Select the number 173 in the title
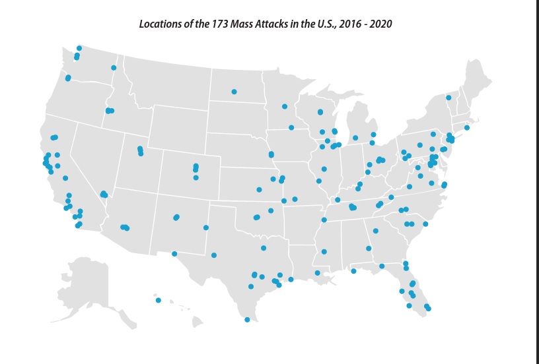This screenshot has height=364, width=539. pos(216,24)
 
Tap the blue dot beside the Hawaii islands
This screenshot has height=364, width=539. pos(159,300)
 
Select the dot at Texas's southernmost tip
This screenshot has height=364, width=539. pos(247,320)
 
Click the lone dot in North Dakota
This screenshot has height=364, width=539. pos(234,92)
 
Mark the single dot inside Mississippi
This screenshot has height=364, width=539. pos(324,251)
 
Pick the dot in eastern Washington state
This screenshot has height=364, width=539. pos(114,67)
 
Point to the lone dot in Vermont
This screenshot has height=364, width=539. pos(449,98)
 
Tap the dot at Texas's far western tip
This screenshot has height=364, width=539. pos(174,253)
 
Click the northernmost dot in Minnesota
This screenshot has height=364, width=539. pos(284,106)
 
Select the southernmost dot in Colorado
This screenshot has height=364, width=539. pos(196,177)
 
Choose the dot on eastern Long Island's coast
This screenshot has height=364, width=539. pos(466,127)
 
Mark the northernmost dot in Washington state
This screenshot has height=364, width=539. pos(79,48)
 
